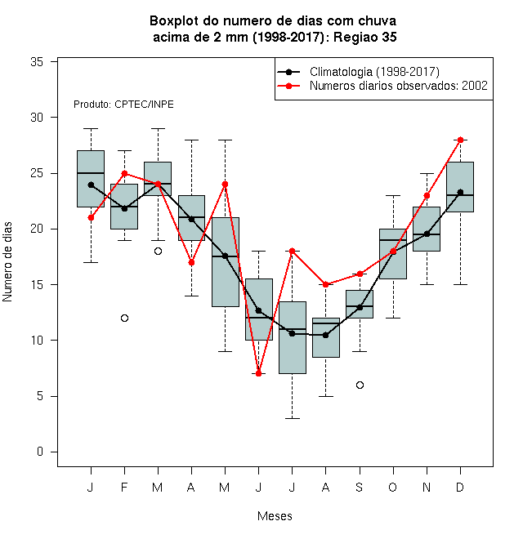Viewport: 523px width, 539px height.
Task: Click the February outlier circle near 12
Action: pyautogui.click(x=124, y=318)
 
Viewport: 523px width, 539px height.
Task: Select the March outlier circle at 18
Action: pyautogui.click(x=158, y=252)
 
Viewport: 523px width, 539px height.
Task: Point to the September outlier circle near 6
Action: pyautogui.click(x=360, y=385)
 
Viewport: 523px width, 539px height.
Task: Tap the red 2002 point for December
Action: pyautogui.click(x=460, y=140)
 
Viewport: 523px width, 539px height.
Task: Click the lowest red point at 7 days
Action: pyautogui.click(x=259, y=374)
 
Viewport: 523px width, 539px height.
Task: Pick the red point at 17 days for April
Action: pyautogui.click(x=192, y=263)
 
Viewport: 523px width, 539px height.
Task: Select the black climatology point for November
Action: pyautogui.click(x=427, y=234)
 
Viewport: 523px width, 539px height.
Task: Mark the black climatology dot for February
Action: pyautogui.click(x=124, y=208)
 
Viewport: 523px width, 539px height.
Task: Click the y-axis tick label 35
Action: pyautogui.click(x=37, y=62)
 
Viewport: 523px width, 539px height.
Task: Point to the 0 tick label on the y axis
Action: pyautogui.click(x=40, y=452)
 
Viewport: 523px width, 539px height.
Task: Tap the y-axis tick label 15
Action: pyautogui.click(x=37, y=285)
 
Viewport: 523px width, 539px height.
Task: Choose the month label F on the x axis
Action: pyautogui.click(x=124, y=487)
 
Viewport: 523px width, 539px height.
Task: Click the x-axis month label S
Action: pyautogui.click(x=360, y=487)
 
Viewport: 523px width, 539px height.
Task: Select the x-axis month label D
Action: pyautogui.click(x=460, y=487)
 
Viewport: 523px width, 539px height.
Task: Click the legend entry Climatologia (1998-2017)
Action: pyautogui.click(x=374, y=72)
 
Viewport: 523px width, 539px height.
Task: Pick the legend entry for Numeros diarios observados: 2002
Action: pyautogui.click(x=399, y=86)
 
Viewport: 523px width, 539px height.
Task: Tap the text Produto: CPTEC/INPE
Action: pyautogui.click(x=123, y=105)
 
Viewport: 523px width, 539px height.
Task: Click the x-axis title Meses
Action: pyautogui.click(x=275, y=516)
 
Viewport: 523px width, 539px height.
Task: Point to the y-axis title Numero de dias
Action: pyautogui.click(x=7, y=262)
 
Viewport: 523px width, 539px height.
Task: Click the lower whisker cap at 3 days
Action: pyautogui.click(x=292, y=418)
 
